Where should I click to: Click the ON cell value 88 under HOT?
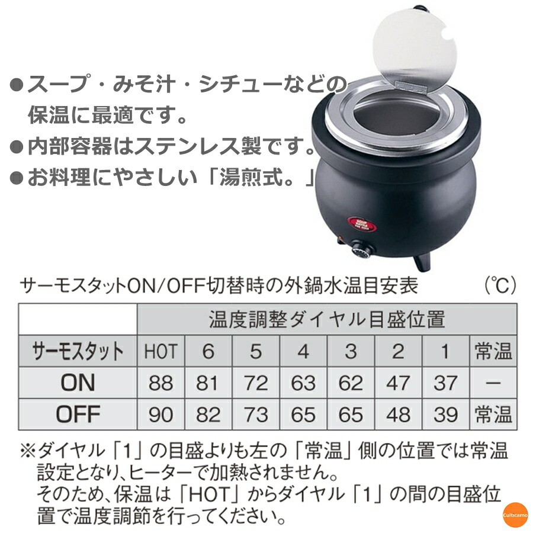point(160,383)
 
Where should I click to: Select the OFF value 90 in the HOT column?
point(160,415)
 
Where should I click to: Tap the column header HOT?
point(160,352)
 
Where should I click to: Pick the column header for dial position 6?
point(208,352)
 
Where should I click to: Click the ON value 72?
point(255,383)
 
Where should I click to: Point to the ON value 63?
point(303,383)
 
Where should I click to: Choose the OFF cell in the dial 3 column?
point(351,415)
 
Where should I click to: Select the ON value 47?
point(398,383)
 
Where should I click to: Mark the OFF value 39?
point(445,415)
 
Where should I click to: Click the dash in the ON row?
point(493,383)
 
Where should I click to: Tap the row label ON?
point(78,383)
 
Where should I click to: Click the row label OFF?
point(78,415)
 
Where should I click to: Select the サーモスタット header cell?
point(78,352)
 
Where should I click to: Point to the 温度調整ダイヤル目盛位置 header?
point(326,320)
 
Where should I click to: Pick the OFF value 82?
point(208,415)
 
